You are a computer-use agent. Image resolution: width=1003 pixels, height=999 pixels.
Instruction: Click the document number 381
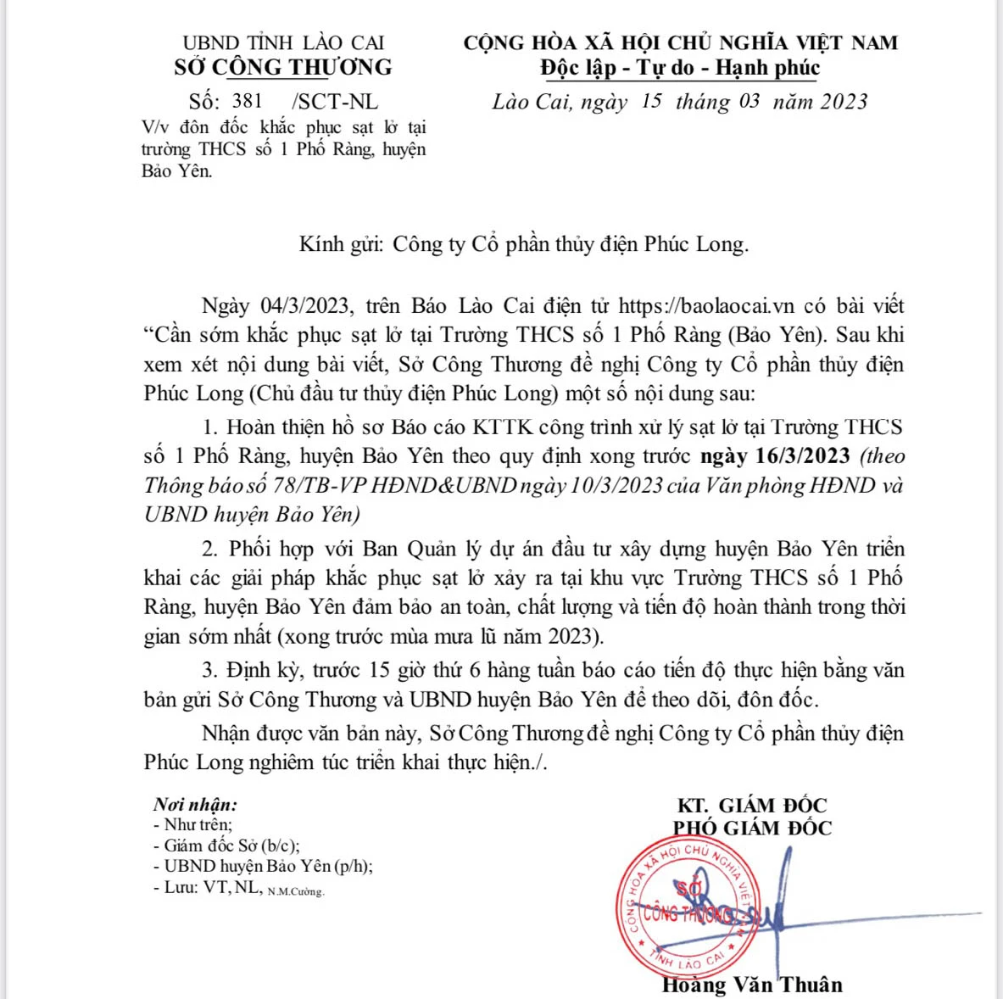click(247, 102)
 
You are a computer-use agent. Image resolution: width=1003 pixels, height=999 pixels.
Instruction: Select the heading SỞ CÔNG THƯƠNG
click(283, 68)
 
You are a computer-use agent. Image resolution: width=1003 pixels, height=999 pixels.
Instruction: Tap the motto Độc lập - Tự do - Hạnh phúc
click(680, 68)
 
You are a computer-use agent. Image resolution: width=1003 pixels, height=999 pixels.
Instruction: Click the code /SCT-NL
click(335, 102)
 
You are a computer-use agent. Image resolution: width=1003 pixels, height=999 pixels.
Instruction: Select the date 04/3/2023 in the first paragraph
click(300, 306)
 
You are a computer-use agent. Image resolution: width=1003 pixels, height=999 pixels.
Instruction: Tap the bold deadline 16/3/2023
click(802, 456)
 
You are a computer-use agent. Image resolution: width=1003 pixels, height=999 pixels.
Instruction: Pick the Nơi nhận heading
click(195, 805)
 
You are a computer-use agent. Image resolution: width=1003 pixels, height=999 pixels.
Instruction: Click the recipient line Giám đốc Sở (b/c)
click(226, 846)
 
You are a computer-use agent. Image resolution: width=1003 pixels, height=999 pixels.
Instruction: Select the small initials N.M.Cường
click(296, 892)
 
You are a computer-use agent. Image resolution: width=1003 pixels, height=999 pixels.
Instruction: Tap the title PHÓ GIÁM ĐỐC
click(752, 829)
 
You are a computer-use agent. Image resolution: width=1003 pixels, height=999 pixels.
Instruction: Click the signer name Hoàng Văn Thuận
click(752, 985)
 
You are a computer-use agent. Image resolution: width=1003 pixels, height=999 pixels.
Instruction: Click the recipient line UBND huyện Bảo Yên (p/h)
click(263, 867)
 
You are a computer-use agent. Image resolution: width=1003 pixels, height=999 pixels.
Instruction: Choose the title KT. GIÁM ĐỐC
click(752, 806)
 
